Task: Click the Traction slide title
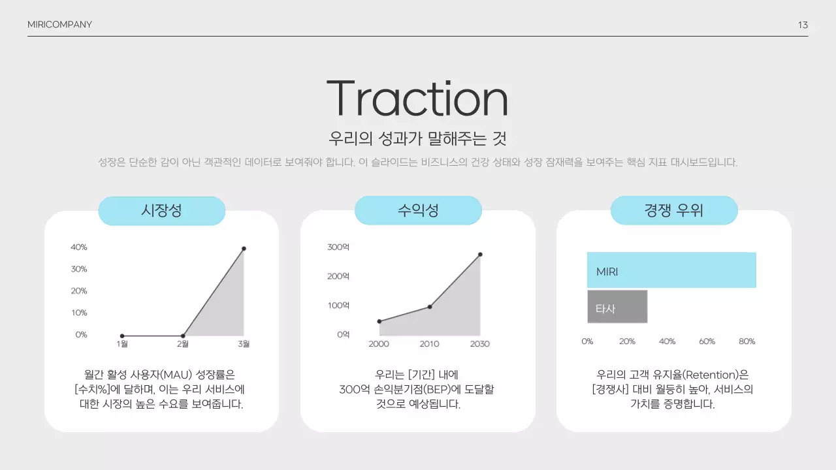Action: [x=417, y=99]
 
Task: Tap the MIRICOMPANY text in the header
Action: [x=59, y=25]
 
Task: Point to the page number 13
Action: [x=803, y=25]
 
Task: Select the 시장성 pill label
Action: [x=161, y=211]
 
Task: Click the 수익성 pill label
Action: [x=418, y=211]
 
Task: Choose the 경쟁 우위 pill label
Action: [x=673, y=211]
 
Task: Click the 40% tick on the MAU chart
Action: [x=79, y=247]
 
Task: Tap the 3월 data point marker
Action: [x=244, y=249]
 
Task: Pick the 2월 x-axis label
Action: [x=183, y=344]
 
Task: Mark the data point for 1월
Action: [x=122, y=336]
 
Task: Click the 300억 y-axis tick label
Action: [x=338, y=247]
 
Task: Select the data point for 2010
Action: [x=430, y=307]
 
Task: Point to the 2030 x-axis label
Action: [x=479, y=344]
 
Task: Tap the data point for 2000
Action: [x=379, y=321]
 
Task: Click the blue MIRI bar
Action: [x=671, y=270]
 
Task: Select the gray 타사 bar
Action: [x=617, y=307]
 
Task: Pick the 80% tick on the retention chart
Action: [x=747, y=341]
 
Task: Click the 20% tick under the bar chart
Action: [x=627, y=341]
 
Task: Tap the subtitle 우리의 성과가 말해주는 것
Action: [x=417, y=138]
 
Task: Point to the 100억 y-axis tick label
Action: [x=338, y=305]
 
